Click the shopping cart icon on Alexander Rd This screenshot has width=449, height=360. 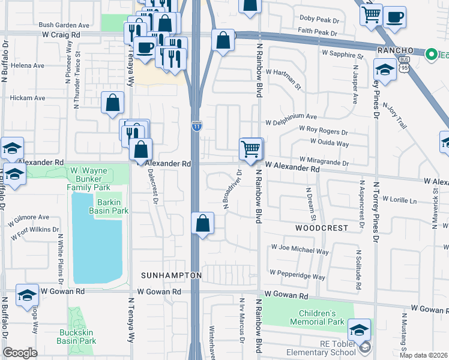[x=251, y=148]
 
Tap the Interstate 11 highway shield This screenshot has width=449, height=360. [x=196, y=125]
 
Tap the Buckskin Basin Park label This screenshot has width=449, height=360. [x=76, y=336]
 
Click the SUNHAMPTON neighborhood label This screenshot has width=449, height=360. [x=171, y=275]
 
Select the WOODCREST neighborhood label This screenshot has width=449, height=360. [x=321, y=228]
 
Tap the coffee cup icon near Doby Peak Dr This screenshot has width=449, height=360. [x=394, y=17]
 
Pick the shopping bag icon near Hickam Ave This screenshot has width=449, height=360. [x=113, y=103]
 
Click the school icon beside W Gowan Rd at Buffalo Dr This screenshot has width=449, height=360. [x=27, y=295]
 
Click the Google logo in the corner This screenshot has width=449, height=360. [x=20, y=353]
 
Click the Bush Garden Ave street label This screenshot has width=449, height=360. [x=64, y=25]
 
